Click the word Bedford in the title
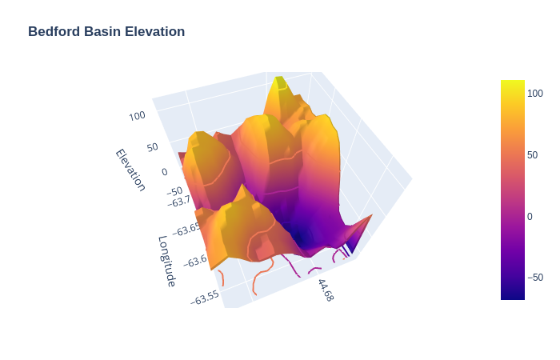pyautogui.click(x=54, y=31)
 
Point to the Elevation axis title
pyautogui.click(x=130, y=170)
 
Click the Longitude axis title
pyautogui.click(x=167, y=261)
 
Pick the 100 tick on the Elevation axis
pyautogui.click(x=137, y=115)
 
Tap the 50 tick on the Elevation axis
pyautogui.click(x=152, y=147)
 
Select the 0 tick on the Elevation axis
pyautogui.click(x=165, y=171)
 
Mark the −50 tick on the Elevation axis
pyautogui.click(x=175, y=191)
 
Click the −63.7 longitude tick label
pyautogui.click(x=179, y=201)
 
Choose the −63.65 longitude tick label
pyautogui.click(x=190, y=229)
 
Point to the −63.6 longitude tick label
pyautogui.click(x=195, y=260)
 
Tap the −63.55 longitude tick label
pyautogui.click(x=205, y=297)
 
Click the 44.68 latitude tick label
pyautogui.click(x=325, y=290)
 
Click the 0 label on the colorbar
pyautogui.click(x=530, y=216)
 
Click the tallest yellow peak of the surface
pyautogui.click(x=279, y=81)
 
